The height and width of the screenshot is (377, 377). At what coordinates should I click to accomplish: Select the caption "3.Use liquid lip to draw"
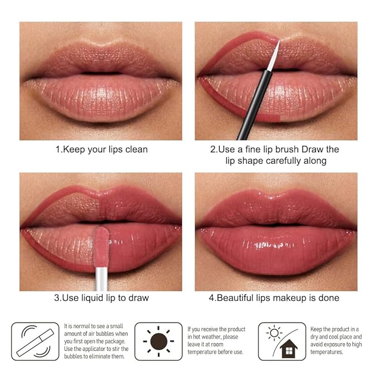click(101, 298)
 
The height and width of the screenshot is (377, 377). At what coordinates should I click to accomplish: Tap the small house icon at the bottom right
click(289, 349)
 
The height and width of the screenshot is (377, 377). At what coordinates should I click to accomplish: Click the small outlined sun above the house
click(274, 333)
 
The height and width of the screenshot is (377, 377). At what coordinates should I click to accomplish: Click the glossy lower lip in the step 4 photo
click(276, 250)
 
